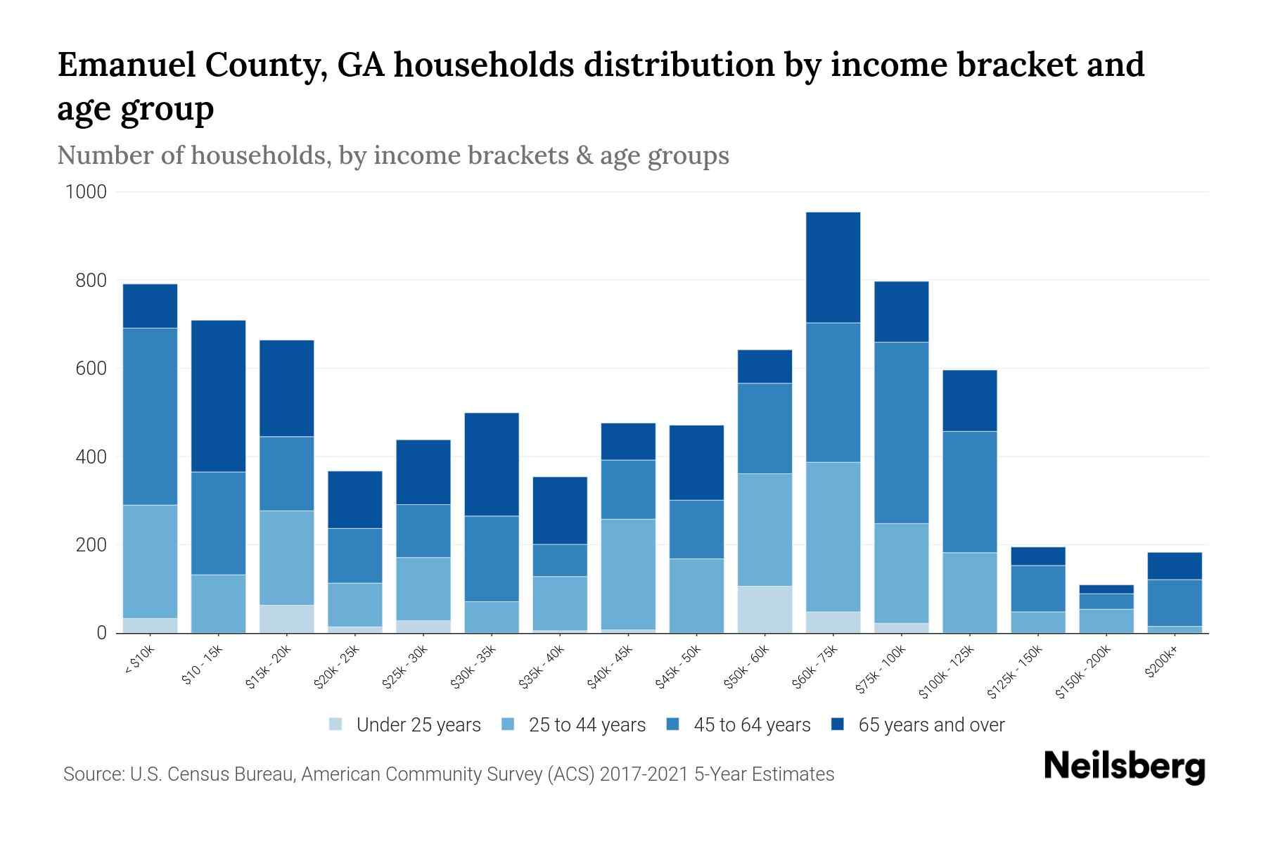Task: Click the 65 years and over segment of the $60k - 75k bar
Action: pos(833,267)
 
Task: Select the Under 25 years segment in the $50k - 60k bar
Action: pos(765,609)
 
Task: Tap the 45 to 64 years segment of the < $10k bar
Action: pos(150,416)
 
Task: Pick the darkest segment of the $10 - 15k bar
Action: pos(218,396)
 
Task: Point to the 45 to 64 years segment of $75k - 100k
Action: pos(901,433)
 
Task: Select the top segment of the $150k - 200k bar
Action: pos(1106,589)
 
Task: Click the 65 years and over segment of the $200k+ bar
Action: pos(1175,566)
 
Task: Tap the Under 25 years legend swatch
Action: pos(336,724)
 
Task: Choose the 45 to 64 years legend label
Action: pos(751,725)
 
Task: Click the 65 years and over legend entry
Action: pos(931,725)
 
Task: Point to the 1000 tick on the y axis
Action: pos(86,192)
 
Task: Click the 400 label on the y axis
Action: pos(91,457)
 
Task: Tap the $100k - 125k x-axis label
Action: pos(947,672)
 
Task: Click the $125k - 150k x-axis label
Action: pos(1015,672)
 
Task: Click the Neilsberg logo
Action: pos(1124,767)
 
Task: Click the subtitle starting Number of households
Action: pos(393,155)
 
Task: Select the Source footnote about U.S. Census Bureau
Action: pos(449,774)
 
